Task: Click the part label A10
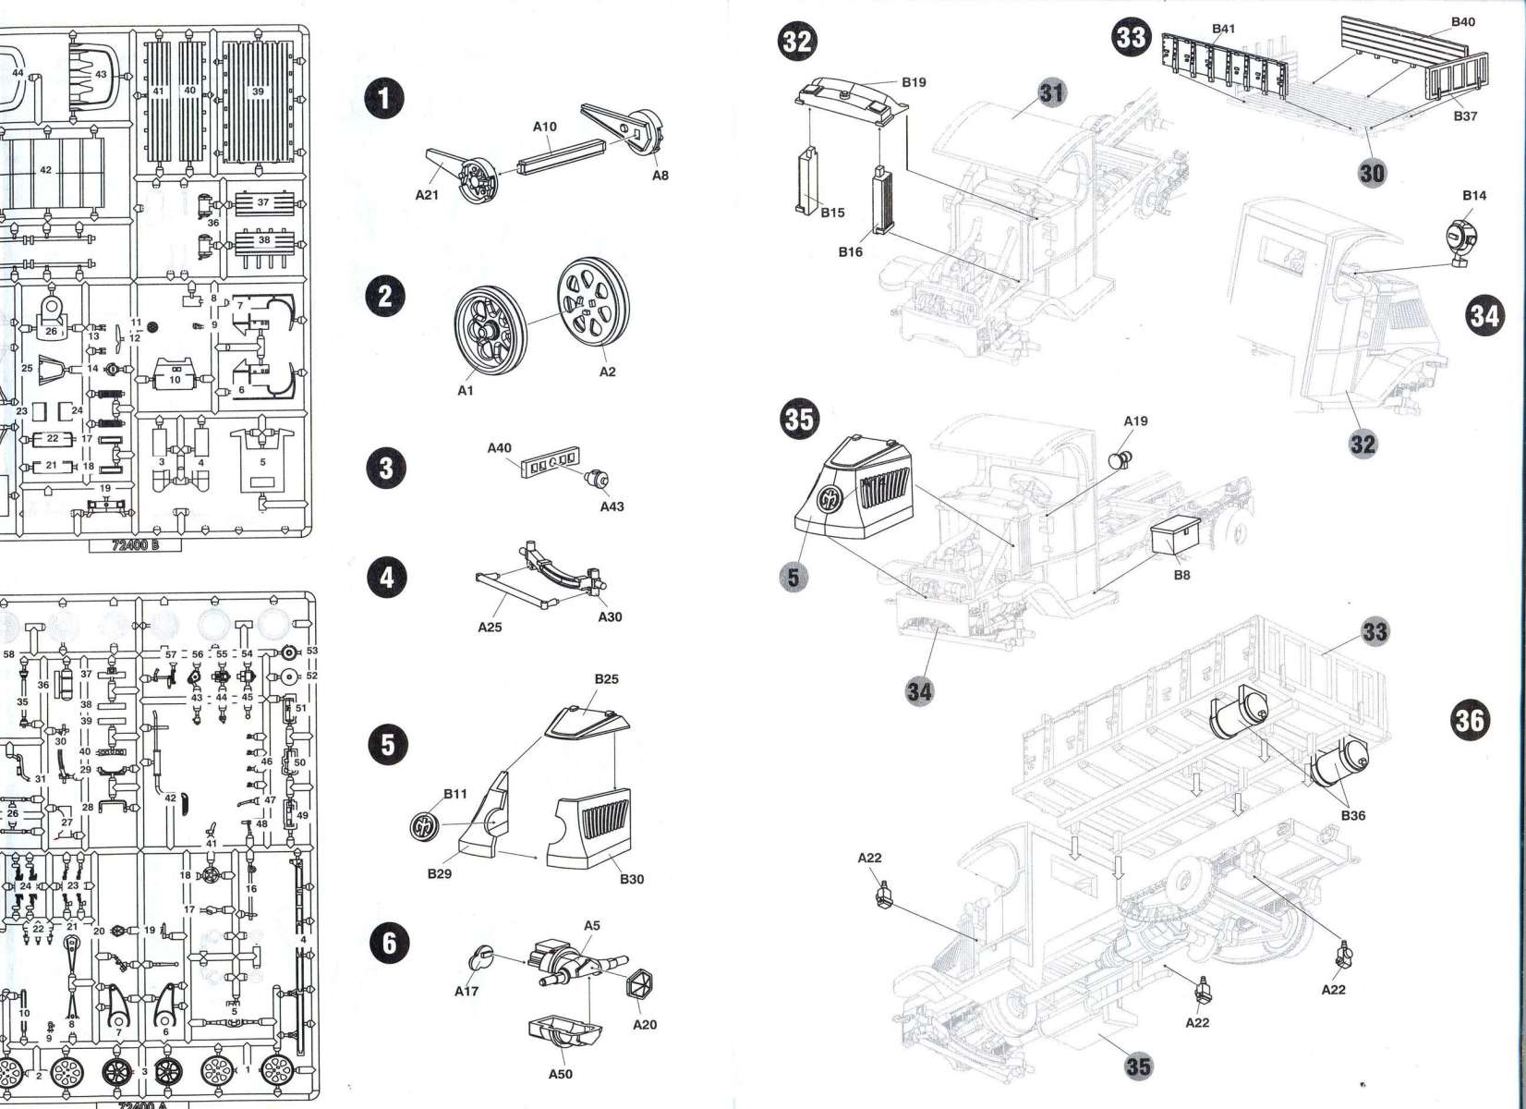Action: click(x=545, y=127)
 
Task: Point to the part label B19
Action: click(x=913, y=82)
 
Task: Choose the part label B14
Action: click(x=1474, y=195)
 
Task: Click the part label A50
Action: click(x=560, y=1074)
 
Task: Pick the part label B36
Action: click(x=1353, y=815)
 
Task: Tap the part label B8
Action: click(x=1181, y=575)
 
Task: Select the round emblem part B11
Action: click(x=426, y=824)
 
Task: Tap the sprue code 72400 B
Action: click(x=135, y=545)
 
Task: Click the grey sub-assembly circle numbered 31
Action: click(x=1052, y=92)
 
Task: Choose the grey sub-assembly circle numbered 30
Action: click(x=1373, y=172)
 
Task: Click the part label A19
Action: click(x=1135, y=420)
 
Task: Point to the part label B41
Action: click(x=1223, y=29)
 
